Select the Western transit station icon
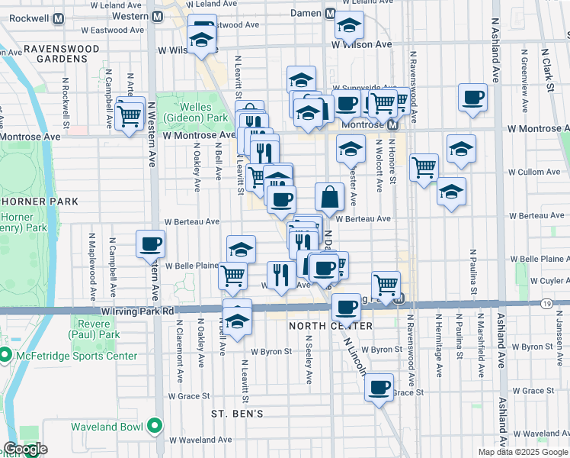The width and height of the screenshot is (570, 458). coord(158,16)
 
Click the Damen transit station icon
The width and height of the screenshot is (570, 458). coord(331,14)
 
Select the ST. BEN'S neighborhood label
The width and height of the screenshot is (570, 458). coord(238,414)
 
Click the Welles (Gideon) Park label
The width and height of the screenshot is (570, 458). coord(203,114)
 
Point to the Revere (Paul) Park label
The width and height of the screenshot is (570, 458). coord(94,329)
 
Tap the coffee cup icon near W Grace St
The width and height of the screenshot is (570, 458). coord(379,387)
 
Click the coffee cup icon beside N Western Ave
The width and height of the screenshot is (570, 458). coord(150,244)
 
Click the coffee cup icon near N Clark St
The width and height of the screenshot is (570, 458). coord(472,97)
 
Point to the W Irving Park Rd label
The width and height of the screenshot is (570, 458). coord(137,311)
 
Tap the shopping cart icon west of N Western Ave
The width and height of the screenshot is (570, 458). coord(130,117)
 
